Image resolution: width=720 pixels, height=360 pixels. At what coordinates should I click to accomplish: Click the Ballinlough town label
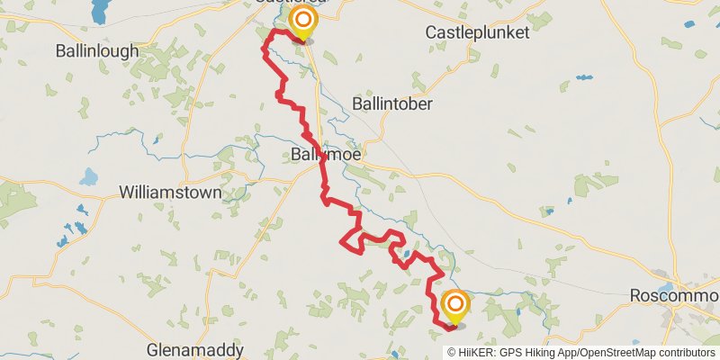[x=97, y=50]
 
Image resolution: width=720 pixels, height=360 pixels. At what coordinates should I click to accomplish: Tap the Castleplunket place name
[x=476, y=32]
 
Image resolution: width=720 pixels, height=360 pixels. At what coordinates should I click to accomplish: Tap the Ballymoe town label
[x=326, y=156]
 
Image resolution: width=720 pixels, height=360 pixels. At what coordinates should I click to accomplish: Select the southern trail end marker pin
[x=455, y=305]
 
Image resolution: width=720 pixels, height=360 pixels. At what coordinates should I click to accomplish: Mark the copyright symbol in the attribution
[x=452, y=353]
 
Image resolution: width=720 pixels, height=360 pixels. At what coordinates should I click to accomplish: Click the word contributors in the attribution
[x=686, y=353]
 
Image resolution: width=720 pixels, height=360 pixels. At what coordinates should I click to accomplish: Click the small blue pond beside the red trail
[x=408, y=254]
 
